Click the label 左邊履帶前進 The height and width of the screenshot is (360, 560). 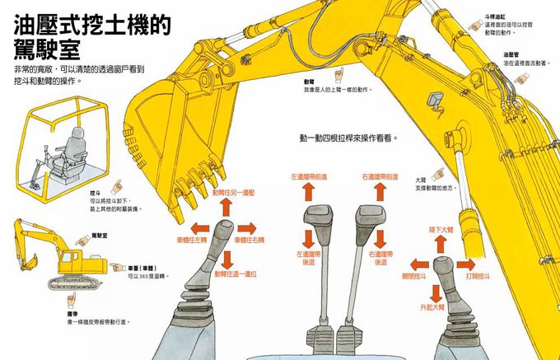tap(309, 177)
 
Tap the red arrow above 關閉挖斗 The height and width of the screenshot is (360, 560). tap(415, 264)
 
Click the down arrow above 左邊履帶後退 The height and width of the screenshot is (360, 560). tap(309, 240)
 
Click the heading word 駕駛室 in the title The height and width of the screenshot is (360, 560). tap(45, 49)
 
